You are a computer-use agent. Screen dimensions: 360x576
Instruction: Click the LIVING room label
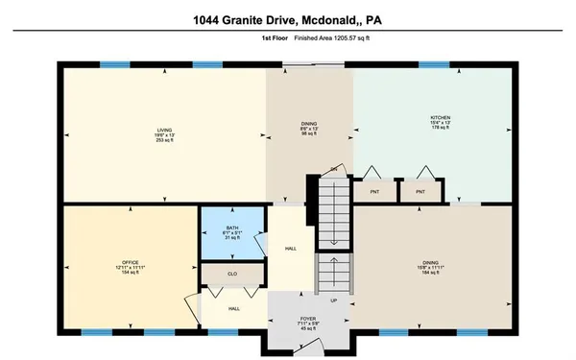point(164,132)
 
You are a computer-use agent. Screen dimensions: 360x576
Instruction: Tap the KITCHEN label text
point(440,118)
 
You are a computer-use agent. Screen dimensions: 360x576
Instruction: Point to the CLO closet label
point(231,275)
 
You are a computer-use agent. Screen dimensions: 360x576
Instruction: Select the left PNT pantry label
point(373,192)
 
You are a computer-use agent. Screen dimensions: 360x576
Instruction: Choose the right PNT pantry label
point(420,192)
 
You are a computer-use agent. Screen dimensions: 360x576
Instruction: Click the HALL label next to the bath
point(290,249)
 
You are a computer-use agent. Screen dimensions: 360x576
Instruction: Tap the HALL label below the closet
point(233,309)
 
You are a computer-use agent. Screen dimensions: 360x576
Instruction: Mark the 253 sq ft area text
point(164,143)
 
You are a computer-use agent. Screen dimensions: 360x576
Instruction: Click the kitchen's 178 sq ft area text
point(440,130)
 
